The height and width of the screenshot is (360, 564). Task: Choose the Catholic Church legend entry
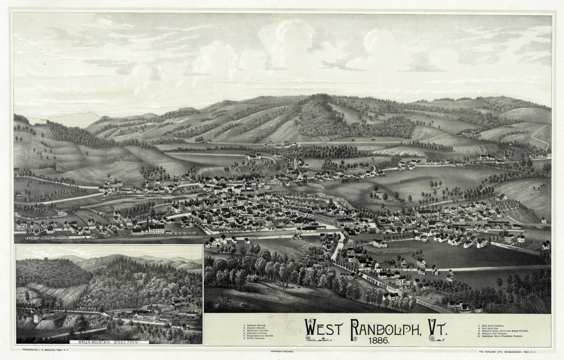(x=255, y=326)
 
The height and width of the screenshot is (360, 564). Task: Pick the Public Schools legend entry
(x=255, y=339)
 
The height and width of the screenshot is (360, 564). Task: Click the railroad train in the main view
(x=56, y=238)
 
